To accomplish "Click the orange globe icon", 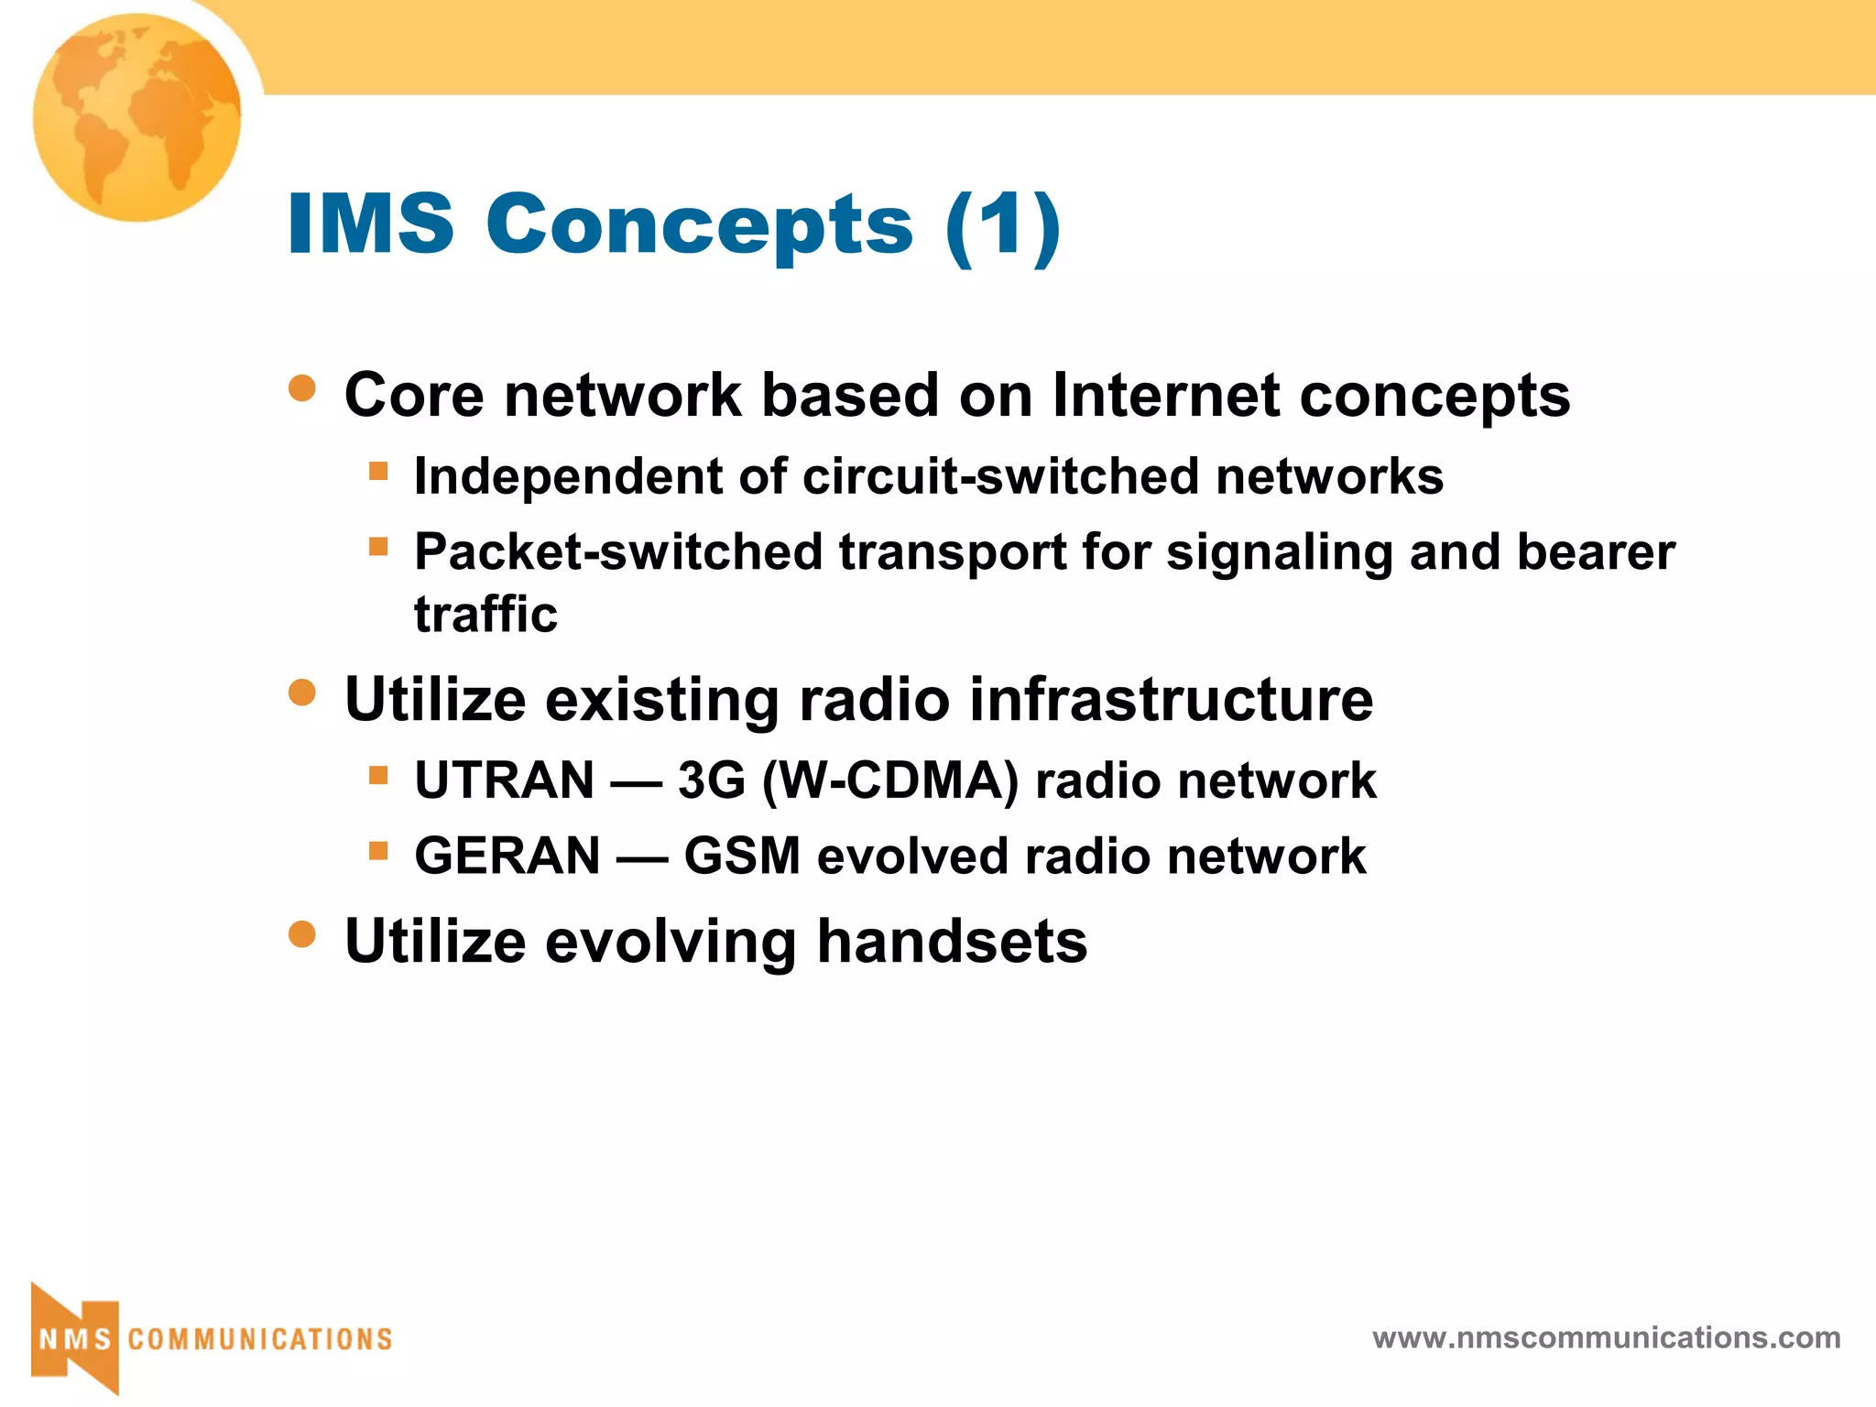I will [x=137, y=117].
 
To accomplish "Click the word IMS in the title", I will [x=370, y=224].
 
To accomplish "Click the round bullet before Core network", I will [x=301, y=388].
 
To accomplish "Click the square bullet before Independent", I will [x=378, y=473].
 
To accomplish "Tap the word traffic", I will [x=485, y=614].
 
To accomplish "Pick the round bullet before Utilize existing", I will [x=301, y=693].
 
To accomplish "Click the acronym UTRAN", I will [x=505, y=781].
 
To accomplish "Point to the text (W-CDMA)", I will [x=890, y=781].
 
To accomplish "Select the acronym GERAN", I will [x=507, y=856].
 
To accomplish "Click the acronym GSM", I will [x=742, y=856].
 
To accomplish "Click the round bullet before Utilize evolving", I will [x=301, y=935].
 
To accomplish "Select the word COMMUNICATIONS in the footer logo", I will [x=260, y=1339].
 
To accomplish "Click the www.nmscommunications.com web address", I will [x=1606, y=1338].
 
